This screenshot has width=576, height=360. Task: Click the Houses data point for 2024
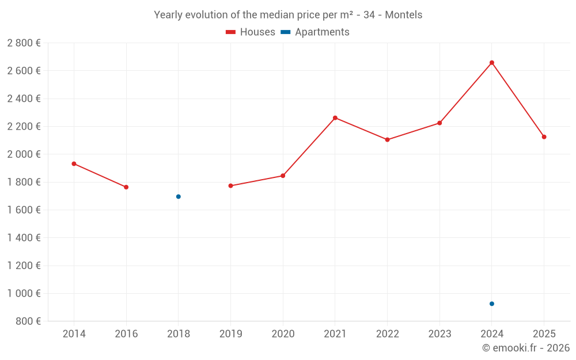pos(491,63)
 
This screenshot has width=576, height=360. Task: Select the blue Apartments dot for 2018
pos(179,196)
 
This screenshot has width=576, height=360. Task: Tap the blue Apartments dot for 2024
pos(491,304)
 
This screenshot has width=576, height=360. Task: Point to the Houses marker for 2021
pos(335,118)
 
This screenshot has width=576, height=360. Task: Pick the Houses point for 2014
pos(74,164)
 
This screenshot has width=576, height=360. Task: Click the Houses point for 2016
pos(126,187)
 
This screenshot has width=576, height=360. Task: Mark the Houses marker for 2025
pos(544,137)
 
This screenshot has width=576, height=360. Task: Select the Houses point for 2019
pos(230,185)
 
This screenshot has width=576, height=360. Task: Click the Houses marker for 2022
pos(387,139)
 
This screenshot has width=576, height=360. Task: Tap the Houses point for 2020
pos(283,176)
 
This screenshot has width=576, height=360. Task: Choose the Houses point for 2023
pos(439,123)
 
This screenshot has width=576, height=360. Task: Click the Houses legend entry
pos(251,32)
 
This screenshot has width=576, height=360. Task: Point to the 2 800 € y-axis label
pos(24,43)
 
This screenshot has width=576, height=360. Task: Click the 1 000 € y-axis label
pos(24,293)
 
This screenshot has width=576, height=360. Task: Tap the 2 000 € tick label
pos(24,154)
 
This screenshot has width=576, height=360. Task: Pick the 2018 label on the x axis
pos(179,334)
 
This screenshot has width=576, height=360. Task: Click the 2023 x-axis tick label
pos(439,334)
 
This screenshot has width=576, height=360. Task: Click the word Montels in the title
pos(403,15)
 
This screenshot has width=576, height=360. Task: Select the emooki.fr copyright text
pos(525,348)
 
